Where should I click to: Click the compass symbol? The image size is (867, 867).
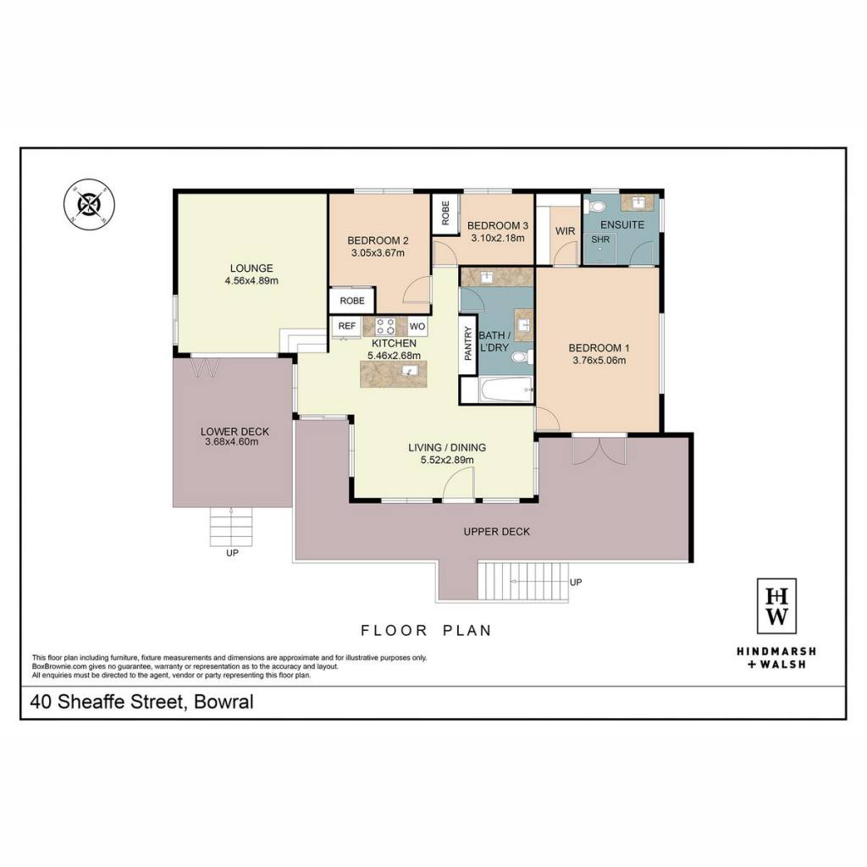(x=89, y=205)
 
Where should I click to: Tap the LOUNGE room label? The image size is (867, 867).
(x=251, y=268)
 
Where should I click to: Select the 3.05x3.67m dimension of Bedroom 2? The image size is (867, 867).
(x=378, y=253)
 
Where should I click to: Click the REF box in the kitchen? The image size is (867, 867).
(x=346, y=326)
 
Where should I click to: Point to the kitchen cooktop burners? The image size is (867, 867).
(x=385, y=326)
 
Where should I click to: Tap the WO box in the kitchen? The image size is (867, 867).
(x=417, y=326)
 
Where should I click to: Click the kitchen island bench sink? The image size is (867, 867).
(x=409, y=371)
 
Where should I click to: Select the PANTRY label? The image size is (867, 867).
(x=468, y=344)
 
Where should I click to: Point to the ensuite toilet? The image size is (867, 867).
(x=595, y=207)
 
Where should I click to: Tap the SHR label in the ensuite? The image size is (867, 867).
(x=600, y=240)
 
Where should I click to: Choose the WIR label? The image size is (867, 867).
(x=565, y=231)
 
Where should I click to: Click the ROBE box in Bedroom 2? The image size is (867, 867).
(x=352, y=301)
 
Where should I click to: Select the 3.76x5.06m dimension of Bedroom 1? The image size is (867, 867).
(x=599, y=361)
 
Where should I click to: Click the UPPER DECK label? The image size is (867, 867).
(x=496, y=532)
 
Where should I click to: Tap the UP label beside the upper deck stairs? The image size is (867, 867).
(x=576, y=583)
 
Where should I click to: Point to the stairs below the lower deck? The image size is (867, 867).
(x=230, y=527)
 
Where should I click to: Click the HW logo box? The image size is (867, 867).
(x=776, y=606)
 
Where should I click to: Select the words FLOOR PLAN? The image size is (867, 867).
(x=426, y=630)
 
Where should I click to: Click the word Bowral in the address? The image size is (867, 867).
(x=224, y=702)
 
